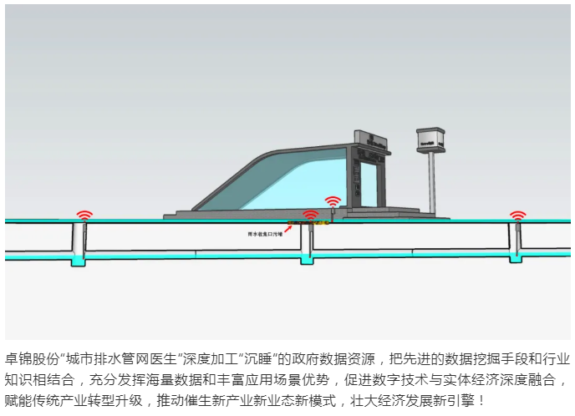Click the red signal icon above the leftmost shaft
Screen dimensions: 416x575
tap(84, 214)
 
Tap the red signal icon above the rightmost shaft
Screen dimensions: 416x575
tap(518, 215)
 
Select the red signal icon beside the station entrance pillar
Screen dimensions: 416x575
tap(333, 200)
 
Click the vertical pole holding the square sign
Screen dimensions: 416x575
tap(432, 184)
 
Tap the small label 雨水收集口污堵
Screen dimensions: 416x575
tap(266, 235)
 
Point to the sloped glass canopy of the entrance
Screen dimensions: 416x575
tap(276, 180)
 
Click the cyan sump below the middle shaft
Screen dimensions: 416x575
tap(308, 261)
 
